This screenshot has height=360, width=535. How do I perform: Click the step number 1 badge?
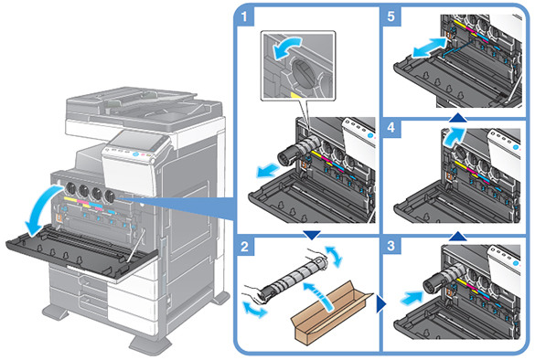pos(244,16)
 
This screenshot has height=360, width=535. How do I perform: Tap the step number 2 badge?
pos(245,246)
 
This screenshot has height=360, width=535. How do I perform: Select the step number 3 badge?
pos(391,246)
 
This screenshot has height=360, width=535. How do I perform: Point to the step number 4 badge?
pos(391,128)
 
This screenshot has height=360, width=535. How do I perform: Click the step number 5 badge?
pos(391,16)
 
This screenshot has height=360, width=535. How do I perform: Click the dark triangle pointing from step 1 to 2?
pos(312,235)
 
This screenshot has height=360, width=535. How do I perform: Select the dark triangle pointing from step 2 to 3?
pos(381,303)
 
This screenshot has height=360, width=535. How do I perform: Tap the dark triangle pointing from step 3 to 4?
pos(458,236)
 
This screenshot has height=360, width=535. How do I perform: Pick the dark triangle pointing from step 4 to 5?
pos(458,118)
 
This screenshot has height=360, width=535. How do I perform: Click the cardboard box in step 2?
pos(331,313)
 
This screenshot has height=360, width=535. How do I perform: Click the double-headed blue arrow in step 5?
pos(429,48)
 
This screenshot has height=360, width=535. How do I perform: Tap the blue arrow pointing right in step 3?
pos(412,298)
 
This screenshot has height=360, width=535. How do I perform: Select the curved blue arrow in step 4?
pos(453,135)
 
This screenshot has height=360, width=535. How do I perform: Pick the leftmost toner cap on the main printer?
pos(70,187)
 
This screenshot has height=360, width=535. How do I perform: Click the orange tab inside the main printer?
pos(59,218)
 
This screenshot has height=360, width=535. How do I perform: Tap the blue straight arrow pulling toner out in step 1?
pos(269,170)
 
